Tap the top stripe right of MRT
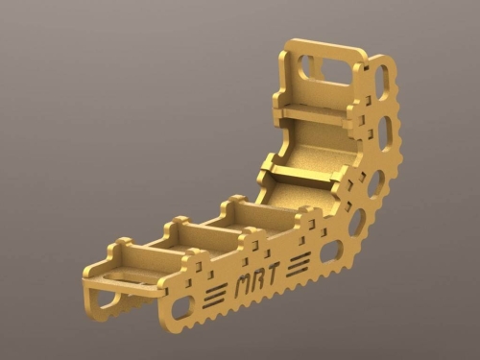[300, 255]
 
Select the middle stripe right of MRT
[300, 261]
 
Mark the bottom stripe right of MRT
[300, 268]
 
